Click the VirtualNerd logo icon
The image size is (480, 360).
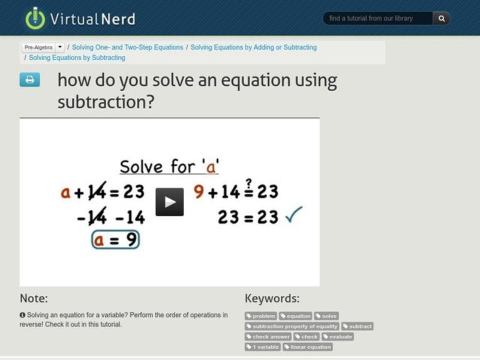pyautogui.click(x=35, y=18)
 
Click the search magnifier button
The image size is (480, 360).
pyautogui.click(x=442, y=19)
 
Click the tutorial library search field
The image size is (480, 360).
pyautogui.click(x=378, y=19)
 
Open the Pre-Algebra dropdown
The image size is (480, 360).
pyautogui.click(x=43, y=47)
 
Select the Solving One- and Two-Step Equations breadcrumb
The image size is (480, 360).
pyautogui.click(x=127, y=47)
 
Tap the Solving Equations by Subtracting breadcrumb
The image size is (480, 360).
pyautogui.click(x=77, y=58)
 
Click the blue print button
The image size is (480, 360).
pyautogui.click(x=30, y=80)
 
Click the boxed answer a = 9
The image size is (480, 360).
pyautogui.click(x=115, y=239)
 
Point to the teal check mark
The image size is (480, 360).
pyautogui.click(x=293, y=214)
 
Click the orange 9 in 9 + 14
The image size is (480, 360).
pyautogui.click(x=199, y=191)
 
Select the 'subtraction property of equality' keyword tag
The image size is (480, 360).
pyautogui.click(x=292, y=326)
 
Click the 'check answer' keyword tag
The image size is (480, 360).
pyautogui.click(x=268, y=337)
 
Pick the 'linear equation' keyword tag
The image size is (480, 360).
pyautogui.click(x=308, y=347)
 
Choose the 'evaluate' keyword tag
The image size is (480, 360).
pyautogui.click(x=338, y=337)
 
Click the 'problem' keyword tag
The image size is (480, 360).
pyautogui.click(x=261, y=316)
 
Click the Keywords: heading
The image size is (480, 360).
pyautogui.click(x=272, y=298)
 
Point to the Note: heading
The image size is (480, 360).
pyautogui.click(x=34, y=298)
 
